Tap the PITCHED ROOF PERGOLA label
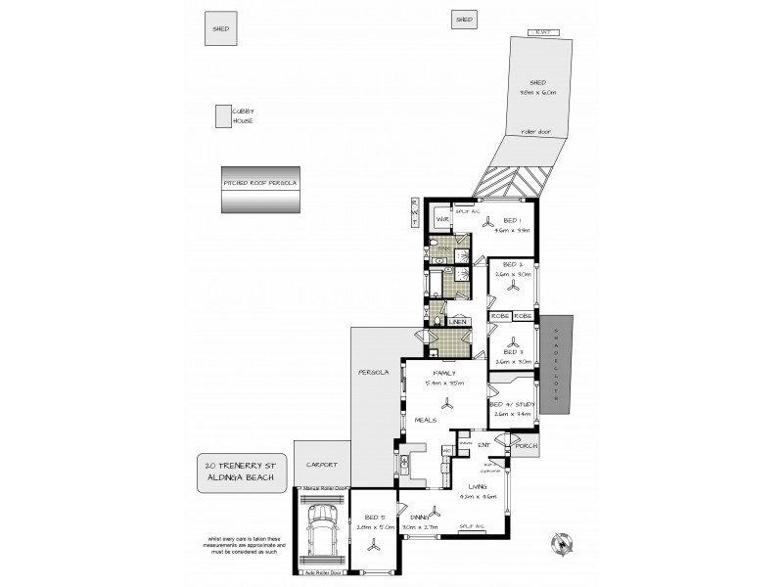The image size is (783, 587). [260, 183]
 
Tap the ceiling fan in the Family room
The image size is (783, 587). [447, 405]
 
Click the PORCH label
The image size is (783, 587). [528, 446]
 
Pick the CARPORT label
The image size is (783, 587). [322, 465]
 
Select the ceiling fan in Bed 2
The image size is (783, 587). [512, 294]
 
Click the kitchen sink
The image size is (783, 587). [402, 460]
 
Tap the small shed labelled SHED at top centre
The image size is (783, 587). [464, 20]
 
